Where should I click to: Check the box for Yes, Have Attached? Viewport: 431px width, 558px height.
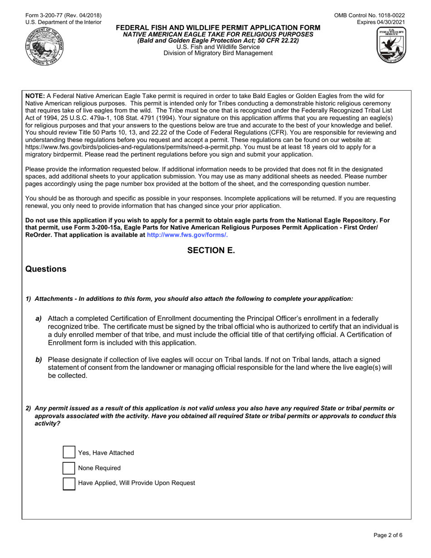69,452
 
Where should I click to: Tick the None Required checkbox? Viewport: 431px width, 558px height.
69,468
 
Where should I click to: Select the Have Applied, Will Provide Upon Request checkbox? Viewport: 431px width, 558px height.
69,483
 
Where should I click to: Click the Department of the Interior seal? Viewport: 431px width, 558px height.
44,47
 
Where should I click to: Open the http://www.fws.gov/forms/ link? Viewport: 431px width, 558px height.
187,235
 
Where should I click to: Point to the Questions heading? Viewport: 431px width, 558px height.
46,269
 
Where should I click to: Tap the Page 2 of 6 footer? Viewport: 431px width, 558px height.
388,535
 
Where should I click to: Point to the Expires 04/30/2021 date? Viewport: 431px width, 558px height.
381,22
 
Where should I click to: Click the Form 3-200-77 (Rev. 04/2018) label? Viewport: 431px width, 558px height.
57,15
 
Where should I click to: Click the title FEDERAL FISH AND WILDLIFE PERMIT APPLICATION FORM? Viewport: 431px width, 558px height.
218,28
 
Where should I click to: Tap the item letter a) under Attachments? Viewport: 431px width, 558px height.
39,318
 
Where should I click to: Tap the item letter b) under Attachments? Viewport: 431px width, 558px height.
39,359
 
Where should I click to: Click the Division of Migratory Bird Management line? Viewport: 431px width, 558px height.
218,53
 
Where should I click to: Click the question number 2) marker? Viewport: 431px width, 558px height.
29,408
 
